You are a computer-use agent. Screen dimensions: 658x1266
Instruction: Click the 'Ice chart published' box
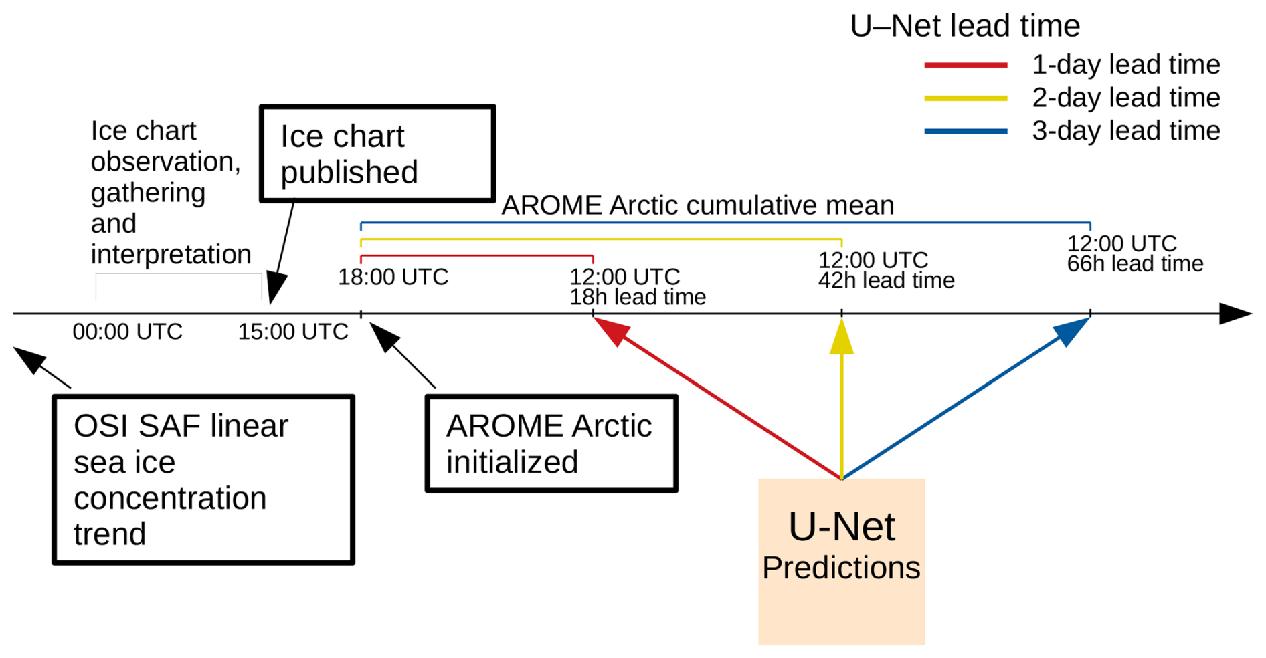pyautogui.click(x=377, y=153)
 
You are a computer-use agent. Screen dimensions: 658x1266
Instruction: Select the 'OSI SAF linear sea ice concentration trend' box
pyautogui.click(x=203, y=479)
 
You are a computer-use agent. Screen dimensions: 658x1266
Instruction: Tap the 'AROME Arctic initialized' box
pyautogui.click(x=551, y=444)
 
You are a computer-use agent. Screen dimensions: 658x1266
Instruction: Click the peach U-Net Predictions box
pyautogui.click(x=841, y=562)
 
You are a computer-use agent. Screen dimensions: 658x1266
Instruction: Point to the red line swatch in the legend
pyautogui.click(x=966, y=65)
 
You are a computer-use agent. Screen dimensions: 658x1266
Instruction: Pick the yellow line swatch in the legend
pyautogui.click(x=966, y=98)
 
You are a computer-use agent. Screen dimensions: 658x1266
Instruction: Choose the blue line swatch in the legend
pyautogui.click(x=966, y=132)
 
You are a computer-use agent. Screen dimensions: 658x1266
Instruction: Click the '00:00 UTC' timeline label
pyautogui.click(x=127, y=332)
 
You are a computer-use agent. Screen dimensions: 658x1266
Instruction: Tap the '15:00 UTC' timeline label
pyautogui.click(x=293, y=332)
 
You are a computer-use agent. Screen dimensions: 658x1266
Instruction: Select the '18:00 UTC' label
pyautogui.click(x=393, y=277)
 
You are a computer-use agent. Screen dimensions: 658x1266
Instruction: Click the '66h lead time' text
pyautogui.click(x=1135, y=264)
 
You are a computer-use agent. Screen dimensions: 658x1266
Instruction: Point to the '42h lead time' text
pyautogui.click(x=886, y=281)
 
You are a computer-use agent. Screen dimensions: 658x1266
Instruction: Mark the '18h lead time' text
pyautogui.click(x=638, y=297)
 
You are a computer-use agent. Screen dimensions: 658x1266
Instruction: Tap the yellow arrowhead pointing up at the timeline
pyautogui.click(x=841, y=337)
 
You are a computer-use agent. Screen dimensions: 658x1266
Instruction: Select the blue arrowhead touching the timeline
pyautogui.click(x=1072, y=330)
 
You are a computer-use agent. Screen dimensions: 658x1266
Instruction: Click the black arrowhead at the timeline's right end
pyautogui.click(x=1235, y=314)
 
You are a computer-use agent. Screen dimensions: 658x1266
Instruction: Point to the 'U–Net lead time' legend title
pyautogui.click(x=965, y=27)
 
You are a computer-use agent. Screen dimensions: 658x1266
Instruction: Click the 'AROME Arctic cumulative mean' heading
pyautogui.click(x=697, y=205)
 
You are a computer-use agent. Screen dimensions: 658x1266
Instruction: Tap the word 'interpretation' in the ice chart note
pyautogui.click(x=171, y=255)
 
